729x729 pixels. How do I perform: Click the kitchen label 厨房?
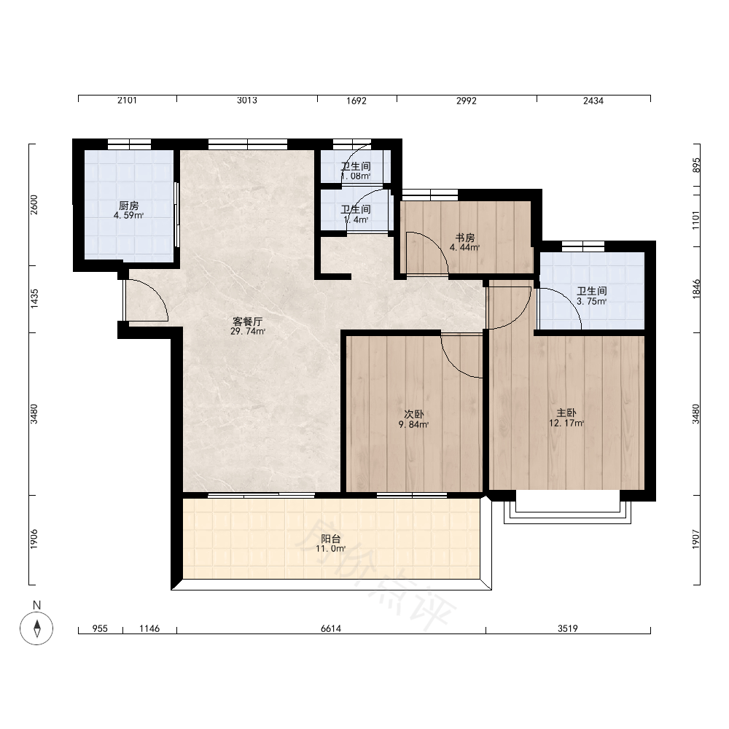(x=129, y=206)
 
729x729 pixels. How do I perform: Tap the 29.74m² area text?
(x=248, y=332)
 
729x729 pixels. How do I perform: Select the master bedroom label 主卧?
(x=566, y=413)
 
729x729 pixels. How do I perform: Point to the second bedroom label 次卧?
(x=414, y=414)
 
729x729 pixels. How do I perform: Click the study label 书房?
(x=465, y=238)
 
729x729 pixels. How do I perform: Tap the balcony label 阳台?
(x=331, y=539)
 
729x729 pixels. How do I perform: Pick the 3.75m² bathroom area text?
(x=592, y=301)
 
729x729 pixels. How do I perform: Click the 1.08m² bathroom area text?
(x=356, y=176)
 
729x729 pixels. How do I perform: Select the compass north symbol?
(x=36, y=628)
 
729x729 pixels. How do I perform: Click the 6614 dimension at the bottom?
(x=331, y=628)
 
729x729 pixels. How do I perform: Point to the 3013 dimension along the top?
(x=247, y=101)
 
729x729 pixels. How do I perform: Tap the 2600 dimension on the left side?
(x=34, y=205)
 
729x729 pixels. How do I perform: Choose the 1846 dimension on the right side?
(x=696, y=289)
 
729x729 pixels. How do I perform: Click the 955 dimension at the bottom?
(x=100, y=628)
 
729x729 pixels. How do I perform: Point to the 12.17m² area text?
(x=566, y=423)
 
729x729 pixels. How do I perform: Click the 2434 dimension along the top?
(x=593, y=101)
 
